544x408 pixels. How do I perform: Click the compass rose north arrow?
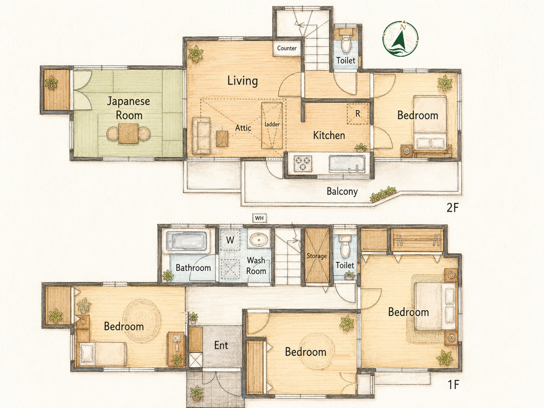400,38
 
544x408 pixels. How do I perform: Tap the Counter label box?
286,48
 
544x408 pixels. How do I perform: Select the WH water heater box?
259,218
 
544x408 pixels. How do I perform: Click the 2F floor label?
453,208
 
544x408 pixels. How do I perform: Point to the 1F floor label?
453,385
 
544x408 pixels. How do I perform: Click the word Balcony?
342,192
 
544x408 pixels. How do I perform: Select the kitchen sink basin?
347,164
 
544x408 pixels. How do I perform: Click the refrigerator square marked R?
357,114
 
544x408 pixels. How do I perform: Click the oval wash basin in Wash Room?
259,240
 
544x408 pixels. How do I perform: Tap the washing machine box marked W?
230,240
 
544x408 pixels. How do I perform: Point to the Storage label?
317,256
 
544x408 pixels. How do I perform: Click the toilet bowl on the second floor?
346,44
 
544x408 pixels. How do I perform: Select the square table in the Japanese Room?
128,133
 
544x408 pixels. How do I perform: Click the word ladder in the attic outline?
272,124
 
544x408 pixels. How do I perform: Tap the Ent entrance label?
221,346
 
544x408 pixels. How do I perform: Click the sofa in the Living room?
201,136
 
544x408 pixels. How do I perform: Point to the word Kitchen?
329,135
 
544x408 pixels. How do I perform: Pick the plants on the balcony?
383,194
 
